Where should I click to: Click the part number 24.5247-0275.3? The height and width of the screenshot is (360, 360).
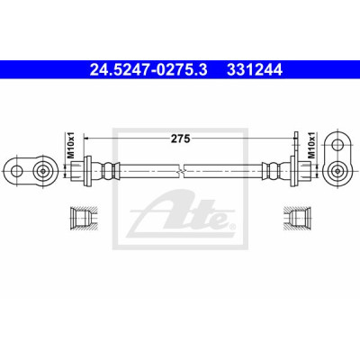[x=148, y=70]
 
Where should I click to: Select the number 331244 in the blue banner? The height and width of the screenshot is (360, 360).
[x=255, y=70]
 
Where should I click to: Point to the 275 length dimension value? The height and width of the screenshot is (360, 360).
[x=181, y=139]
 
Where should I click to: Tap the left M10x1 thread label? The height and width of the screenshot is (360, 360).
[x=70, y=146]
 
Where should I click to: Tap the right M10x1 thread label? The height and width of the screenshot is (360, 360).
[x=312, y=146]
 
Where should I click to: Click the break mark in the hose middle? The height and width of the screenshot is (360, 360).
[x=180, y=171]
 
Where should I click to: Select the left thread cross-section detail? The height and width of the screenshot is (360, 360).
[x=83, y=219]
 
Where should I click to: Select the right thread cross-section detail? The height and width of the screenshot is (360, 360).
[x=296, y=219]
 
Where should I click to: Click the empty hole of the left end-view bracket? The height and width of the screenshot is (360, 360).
[x=16, y=171]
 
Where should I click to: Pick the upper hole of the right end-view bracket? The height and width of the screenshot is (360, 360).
[x=337, y=145]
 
